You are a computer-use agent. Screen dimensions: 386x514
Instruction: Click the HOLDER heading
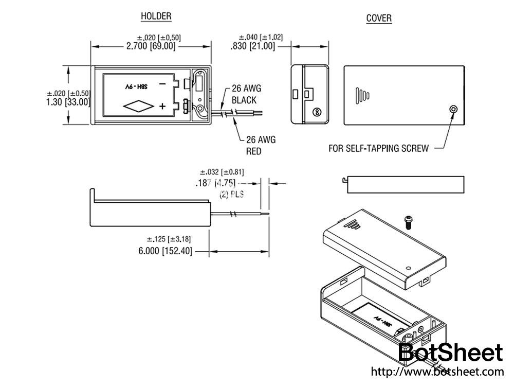pyautogui.click(x=156, y=16)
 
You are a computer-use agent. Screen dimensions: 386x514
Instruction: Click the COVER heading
pyautogui.click(x=379, y=19)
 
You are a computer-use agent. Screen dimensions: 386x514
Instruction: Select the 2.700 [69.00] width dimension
pyautogui.click(x=151, y=46)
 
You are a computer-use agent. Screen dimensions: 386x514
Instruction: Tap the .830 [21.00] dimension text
pyautogui.click(x=253, y=46)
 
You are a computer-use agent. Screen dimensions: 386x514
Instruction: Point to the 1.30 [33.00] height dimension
pyautogui.click(x=68, y=102)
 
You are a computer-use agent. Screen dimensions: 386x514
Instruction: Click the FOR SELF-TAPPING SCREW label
pyautogui.click(x=378, y=149)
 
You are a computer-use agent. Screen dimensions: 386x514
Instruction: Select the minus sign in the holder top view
pyautogui.click(x=162, y=83)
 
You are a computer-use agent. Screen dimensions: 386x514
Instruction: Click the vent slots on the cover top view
pyautogui.click(x=362, y=95)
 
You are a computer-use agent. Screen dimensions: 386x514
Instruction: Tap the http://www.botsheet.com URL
pyautogui.click(x=437, y=372)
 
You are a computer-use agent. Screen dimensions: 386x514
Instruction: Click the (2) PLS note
pyautogui.click(x=231, y=195)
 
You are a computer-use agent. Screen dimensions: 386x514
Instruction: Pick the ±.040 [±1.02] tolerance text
pyautogui.click(x=261, y=37)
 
